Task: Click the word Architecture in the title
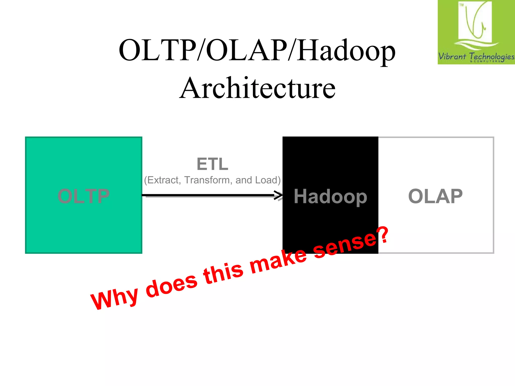coord(257,88)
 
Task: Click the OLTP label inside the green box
coord(83,196)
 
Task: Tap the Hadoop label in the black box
coord(330,197)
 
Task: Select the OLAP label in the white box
coord(435,196)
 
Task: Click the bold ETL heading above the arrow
coord(212,164)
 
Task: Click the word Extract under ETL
coord(162,180)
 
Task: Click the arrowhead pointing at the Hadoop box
coord(279,195)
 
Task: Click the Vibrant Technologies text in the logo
coord(476,57)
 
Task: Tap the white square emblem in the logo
coord(475,22)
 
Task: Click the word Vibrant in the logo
coord(452,56)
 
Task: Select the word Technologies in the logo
coord(492,57)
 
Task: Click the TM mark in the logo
coord(461,5)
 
